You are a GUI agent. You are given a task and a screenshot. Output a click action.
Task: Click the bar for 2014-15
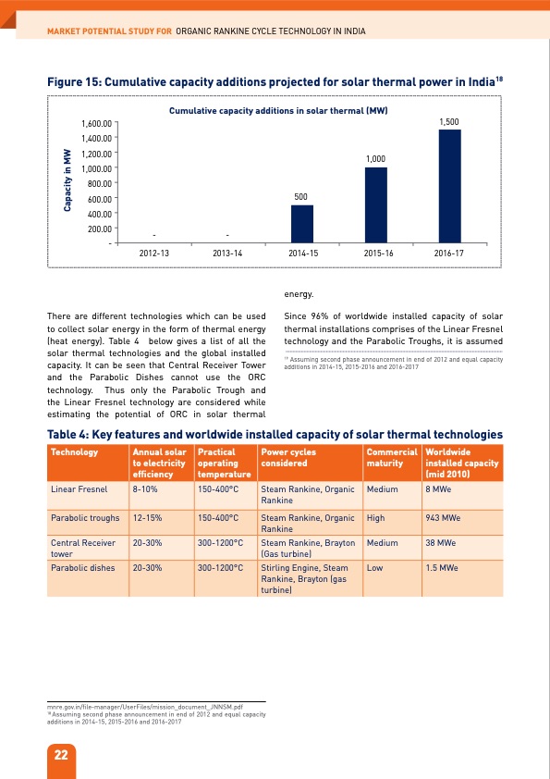click(x=301, y=224)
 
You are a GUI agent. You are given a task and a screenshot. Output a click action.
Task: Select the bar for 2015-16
click(x=375, y=205)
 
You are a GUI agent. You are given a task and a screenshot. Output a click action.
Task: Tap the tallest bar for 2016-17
click(x=449, y=186)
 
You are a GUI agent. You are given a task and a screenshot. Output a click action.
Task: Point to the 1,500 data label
click(x=449, y=122)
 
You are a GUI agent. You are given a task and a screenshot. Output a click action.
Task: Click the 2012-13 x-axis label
click(x=153, y=253)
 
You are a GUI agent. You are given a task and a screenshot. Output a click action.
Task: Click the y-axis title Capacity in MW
click(x=67, y=179)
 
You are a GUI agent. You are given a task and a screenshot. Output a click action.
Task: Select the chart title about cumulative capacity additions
click(x=277, y=110)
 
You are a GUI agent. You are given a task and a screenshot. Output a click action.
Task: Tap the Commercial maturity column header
click(x=391, y=457)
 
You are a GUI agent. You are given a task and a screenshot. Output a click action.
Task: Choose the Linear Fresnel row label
click(x=79, y=488)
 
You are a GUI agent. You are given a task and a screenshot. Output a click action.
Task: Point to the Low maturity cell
click(x=374, y=567)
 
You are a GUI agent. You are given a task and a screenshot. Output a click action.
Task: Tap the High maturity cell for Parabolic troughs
click(x=376, y=518)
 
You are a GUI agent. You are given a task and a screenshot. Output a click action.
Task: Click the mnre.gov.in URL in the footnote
click(x=144, y=705)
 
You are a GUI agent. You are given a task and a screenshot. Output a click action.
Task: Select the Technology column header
click(x=76, y=452)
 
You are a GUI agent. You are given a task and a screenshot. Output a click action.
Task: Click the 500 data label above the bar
click(x=301, y=197)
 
